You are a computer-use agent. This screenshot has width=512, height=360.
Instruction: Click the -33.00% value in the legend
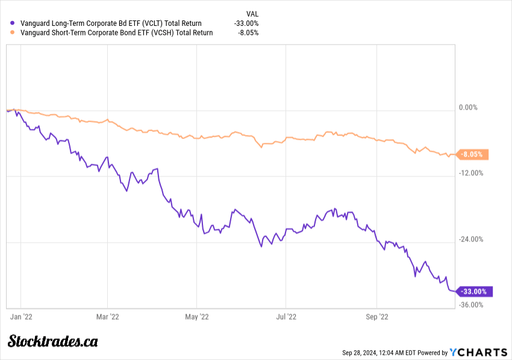tap(246, 23)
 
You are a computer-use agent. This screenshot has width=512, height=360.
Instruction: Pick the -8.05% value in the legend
tap(248, 33)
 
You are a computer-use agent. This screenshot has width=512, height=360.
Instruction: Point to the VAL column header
tap(252, 13)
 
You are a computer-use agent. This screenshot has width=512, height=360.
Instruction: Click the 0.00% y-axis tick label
tap(468, 108)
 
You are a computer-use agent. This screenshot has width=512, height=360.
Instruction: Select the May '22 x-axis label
tap(197, 315)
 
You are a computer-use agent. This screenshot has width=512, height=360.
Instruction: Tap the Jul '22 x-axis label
tap(286, 315)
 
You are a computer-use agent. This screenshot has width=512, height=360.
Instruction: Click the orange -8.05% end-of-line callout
tap(473, 155)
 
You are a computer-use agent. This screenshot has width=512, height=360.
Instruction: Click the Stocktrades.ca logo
tap(53, 341)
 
